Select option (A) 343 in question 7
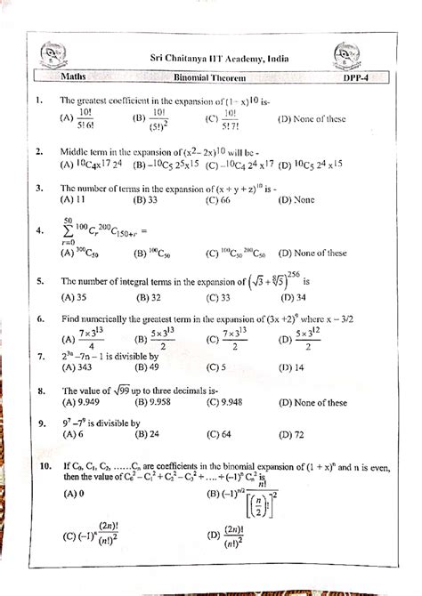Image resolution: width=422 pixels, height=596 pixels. tap(74, 366)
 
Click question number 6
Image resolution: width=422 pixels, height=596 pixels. tap(40, 317)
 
